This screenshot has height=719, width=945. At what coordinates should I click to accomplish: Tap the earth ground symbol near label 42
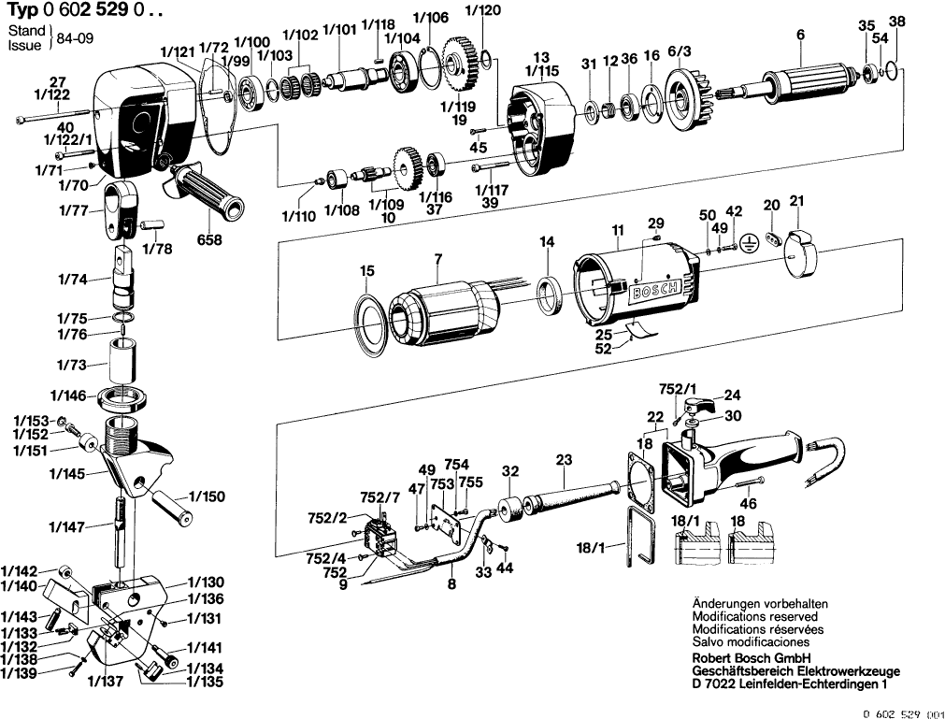click(x=748, y=241)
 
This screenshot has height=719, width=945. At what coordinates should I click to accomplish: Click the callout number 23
click(x=564, y=459)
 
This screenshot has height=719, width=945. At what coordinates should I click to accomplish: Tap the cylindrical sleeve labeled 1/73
click(x=122, y=360)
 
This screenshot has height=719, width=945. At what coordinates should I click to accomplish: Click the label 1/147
click(x=68, y=527)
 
